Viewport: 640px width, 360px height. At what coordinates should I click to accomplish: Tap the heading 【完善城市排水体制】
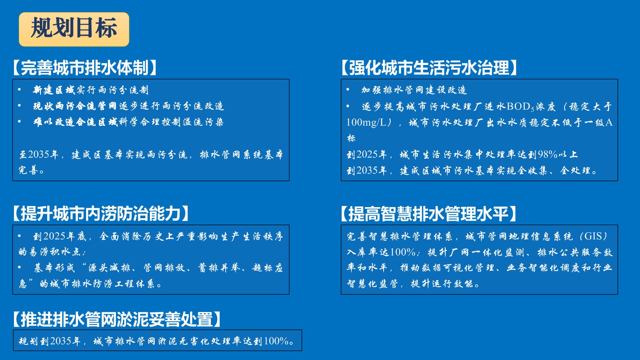[85, 67]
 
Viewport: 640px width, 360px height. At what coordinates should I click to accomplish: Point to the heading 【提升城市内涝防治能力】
[101, 213]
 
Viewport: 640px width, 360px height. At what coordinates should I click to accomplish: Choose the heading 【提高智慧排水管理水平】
[429, 213]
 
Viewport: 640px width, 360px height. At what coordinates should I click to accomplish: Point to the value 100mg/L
[366, 122]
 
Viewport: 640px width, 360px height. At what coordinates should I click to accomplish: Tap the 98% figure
[547, 154]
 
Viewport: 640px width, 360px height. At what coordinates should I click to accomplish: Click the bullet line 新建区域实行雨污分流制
[91, 90]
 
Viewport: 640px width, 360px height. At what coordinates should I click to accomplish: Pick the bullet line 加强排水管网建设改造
[414, 90]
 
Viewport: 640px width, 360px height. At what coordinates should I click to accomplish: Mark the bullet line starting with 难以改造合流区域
[129, 122]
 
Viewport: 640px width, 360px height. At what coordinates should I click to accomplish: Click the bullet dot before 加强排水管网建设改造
[348, 90]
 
